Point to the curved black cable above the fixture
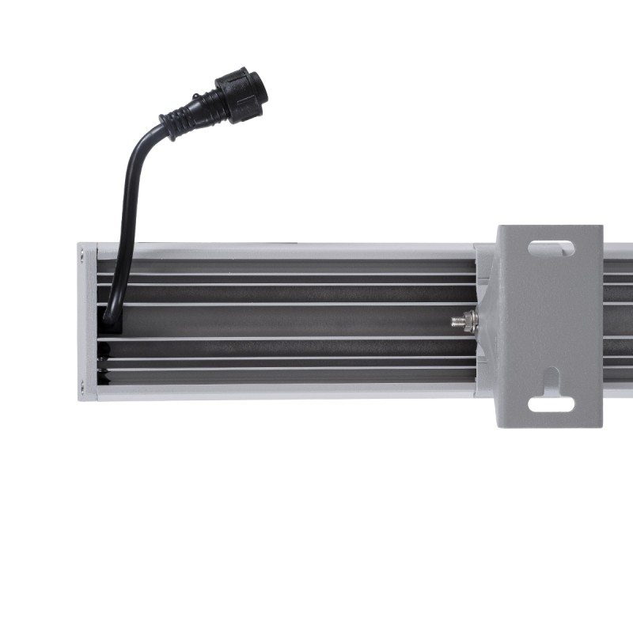131,182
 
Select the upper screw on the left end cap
82,255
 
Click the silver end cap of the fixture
87,320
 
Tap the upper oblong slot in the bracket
552,248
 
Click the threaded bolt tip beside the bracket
457,321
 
